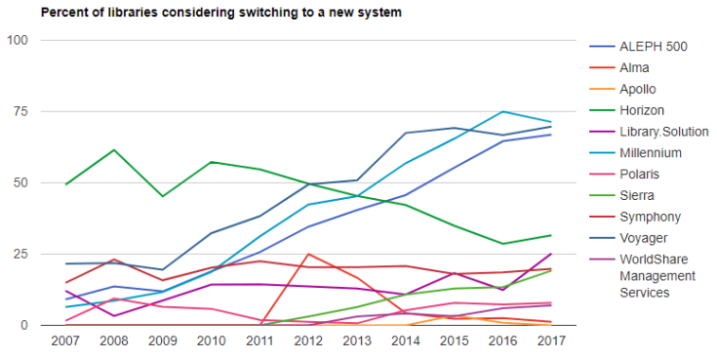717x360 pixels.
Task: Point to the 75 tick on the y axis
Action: coord(21,111)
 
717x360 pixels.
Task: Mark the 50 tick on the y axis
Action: coord(21,182)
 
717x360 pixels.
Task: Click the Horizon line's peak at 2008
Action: coord(114,149)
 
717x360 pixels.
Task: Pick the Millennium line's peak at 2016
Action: coord(502,111)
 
